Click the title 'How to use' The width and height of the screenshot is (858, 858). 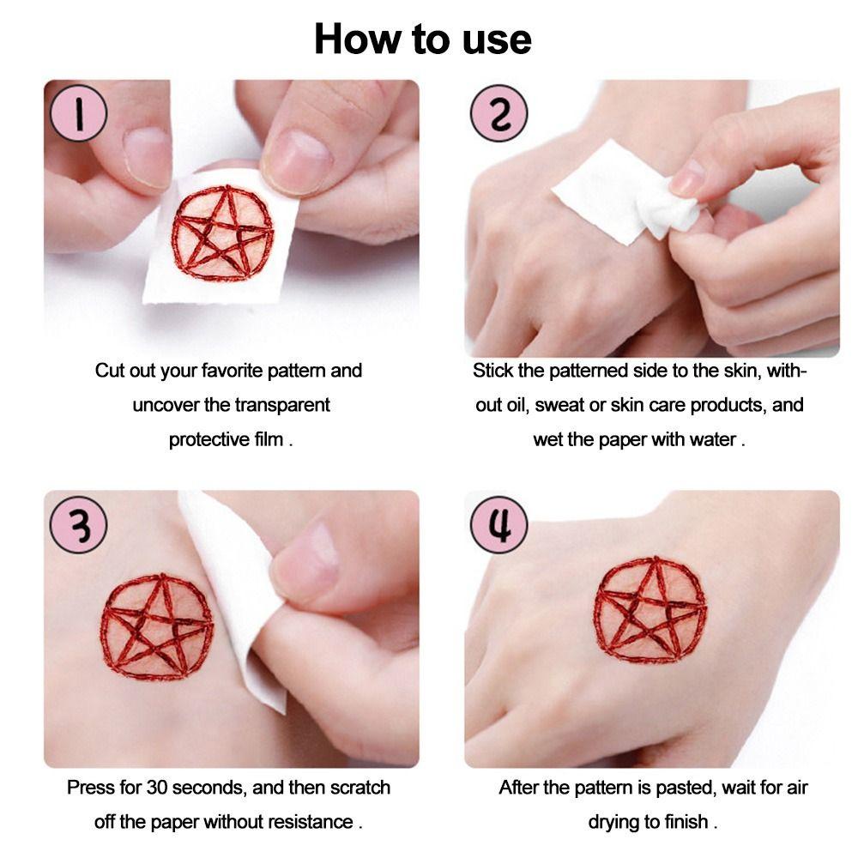click(x=422, y=39)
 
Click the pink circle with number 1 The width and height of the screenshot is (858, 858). click(x=78, y=113)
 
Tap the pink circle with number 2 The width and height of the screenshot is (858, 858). click(x=498, y=113)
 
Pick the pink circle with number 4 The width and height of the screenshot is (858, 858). click(x=498, y=523)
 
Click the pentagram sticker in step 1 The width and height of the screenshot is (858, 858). click(x=222, y=233)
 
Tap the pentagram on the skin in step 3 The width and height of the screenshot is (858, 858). click(x=156, y=633)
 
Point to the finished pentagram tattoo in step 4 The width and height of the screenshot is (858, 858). click(x=650, y=608)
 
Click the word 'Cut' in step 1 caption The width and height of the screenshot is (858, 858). click(x=110, y=371)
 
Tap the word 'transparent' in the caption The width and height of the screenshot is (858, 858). click(x=282, y=405)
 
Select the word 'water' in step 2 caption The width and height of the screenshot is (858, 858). click(x=713, y=439)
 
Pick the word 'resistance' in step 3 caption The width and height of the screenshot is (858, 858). click(x=310, y=821)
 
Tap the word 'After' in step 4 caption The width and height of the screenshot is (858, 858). click(x=521, y=787)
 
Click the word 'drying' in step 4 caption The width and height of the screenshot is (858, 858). click(x=615, y=821)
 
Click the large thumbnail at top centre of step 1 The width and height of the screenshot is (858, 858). click(x=296, y=154)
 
